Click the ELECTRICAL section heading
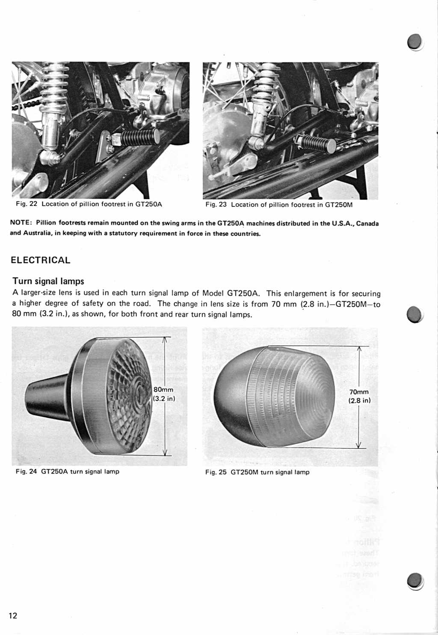[x=41, y=260]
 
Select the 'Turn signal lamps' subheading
[x=48, y=281]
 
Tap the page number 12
[x=13, y=615]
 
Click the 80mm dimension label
[x=163, y=390]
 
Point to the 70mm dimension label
[x=359, y=392]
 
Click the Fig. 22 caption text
[x=89, y=204]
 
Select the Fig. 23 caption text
[x=279, y=205]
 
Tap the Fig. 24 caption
[x=68, y=471]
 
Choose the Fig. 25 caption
[x=257, y=472]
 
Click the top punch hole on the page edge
[x=415, y=42]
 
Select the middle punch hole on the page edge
[x=415, y=315]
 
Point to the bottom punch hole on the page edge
[x=415, y=581]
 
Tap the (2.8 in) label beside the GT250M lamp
[x=359, y=400]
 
